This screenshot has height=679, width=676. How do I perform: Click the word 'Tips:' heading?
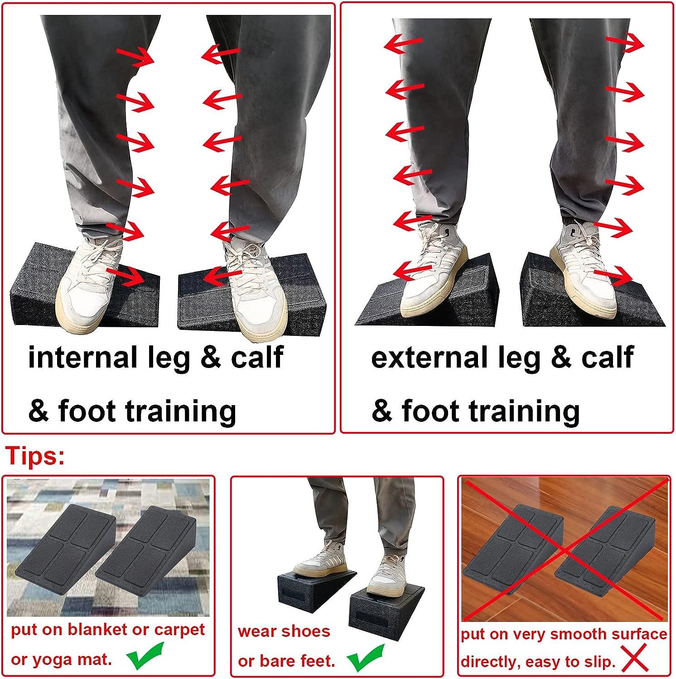click(x=35, y=456)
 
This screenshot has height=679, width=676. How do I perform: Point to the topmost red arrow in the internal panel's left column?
click(x=135, y=57)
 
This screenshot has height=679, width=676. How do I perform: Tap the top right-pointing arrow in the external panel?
click(x=625, y=43)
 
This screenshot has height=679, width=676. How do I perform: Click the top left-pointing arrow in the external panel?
click(x=403, y=43)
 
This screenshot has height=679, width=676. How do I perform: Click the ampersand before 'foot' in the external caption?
click(x=381, y=411)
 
